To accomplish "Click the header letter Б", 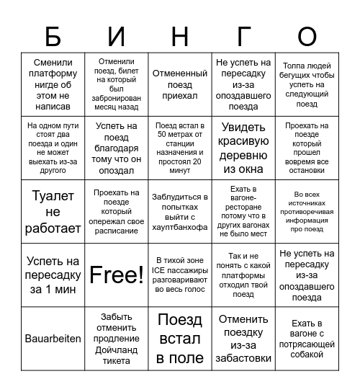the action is pyautogui.click(x=53, y=36).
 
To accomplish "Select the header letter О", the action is pyautogui.click(x=307, y=36).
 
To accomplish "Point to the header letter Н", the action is pyautogui.click(x=180, y=36).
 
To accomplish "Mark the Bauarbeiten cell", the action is pyautogui.click(x=53, y=339).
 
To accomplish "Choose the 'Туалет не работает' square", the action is pyautogui.click(x=53, y=211).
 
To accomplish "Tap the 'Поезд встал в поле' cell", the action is pyautogui.click(x=180, y=339).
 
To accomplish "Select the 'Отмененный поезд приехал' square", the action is pyautogui.click(x=180, y=84).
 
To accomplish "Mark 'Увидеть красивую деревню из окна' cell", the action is pyautogui.click(x=244, y=147).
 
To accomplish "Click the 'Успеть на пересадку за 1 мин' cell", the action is pyautogui.click(x=53, y=275).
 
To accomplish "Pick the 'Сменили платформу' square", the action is pyautogui.click(x=53, y=84).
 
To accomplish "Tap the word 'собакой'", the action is pyautogui.click(x=307, y=353).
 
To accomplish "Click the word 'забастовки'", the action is pyautogui.click(x=244, y=358).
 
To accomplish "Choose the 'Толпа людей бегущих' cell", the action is pyautogui.click(x=307, y=84).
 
